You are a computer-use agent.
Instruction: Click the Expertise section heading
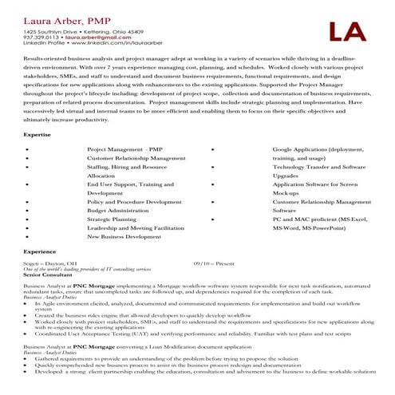click(x=36, y=136)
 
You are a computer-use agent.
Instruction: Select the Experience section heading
click(x=39, y=251)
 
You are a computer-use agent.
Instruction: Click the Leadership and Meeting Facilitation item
click(x=135, y=228)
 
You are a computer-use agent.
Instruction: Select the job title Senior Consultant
click(x=45, y=275)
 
